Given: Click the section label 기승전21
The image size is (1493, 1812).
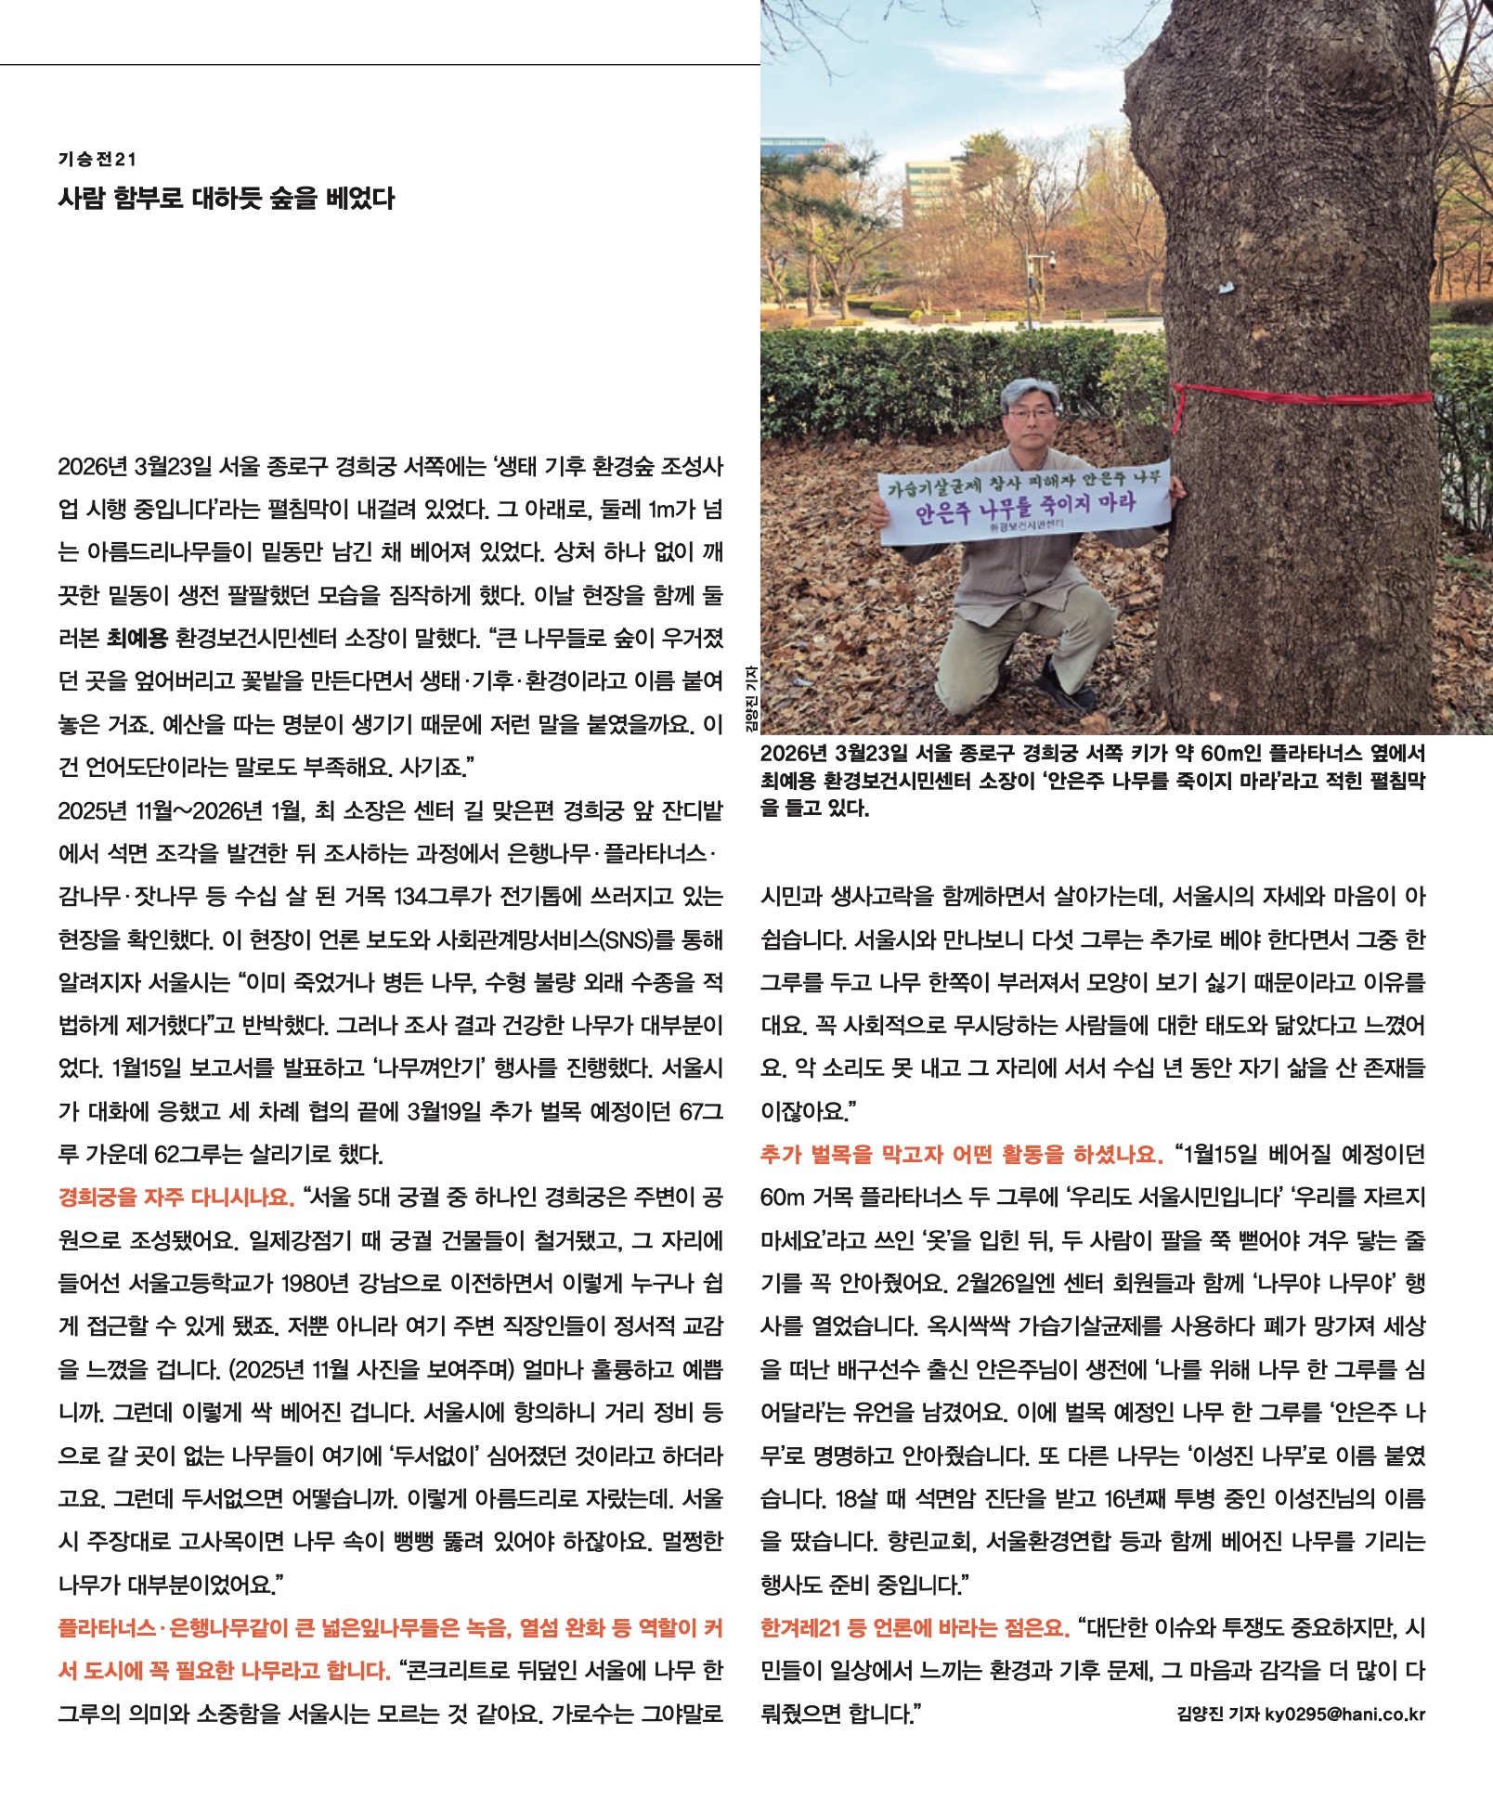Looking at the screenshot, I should [97, 160].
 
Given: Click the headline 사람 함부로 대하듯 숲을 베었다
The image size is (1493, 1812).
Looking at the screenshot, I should [226, 198].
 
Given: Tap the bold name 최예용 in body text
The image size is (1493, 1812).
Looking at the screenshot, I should [136, 639].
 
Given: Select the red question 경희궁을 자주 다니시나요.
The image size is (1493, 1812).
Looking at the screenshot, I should [175, 1197].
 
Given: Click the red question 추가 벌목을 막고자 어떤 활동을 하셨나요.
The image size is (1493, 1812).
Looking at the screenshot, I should [960, 1155].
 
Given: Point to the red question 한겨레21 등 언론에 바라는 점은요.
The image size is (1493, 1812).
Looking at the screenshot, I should [914, 1628].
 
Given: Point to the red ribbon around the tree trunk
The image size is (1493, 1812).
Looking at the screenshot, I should [1300, 395].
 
